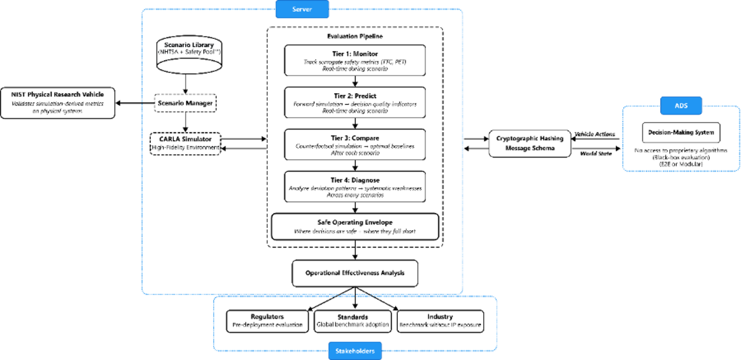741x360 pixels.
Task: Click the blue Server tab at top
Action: pyautogui.click(x=302, y=10)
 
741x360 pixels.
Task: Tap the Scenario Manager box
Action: pyautogui.click(x=186, y=102)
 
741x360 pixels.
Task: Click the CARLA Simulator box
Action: pyautogui.click(x=186, y=143)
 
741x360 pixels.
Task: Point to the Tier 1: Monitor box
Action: pyautogui.click(x=355, y=58)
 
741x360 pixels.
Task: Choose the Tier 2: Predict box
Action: pyautogui.click(x=355, y=102)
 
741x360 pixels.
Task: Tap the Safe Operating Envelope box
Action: pyautogui.click(x=355, y=226)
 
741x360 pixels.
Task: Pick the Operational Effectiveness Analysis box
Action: pyautogui.click(x=355, y=273)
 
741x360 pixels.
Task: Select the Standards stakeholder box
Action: pyautogui.click(x=353, y=321)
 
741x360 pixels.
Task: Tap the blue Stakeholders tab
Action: pyautogui.click(x=355, y=351)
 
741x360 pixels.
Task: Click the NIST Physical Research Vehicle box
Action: pyautogui.click(x=57, y=102)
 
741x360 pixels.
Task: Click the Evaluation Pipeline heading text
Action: pyautogui.click(x=355, y=36)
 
